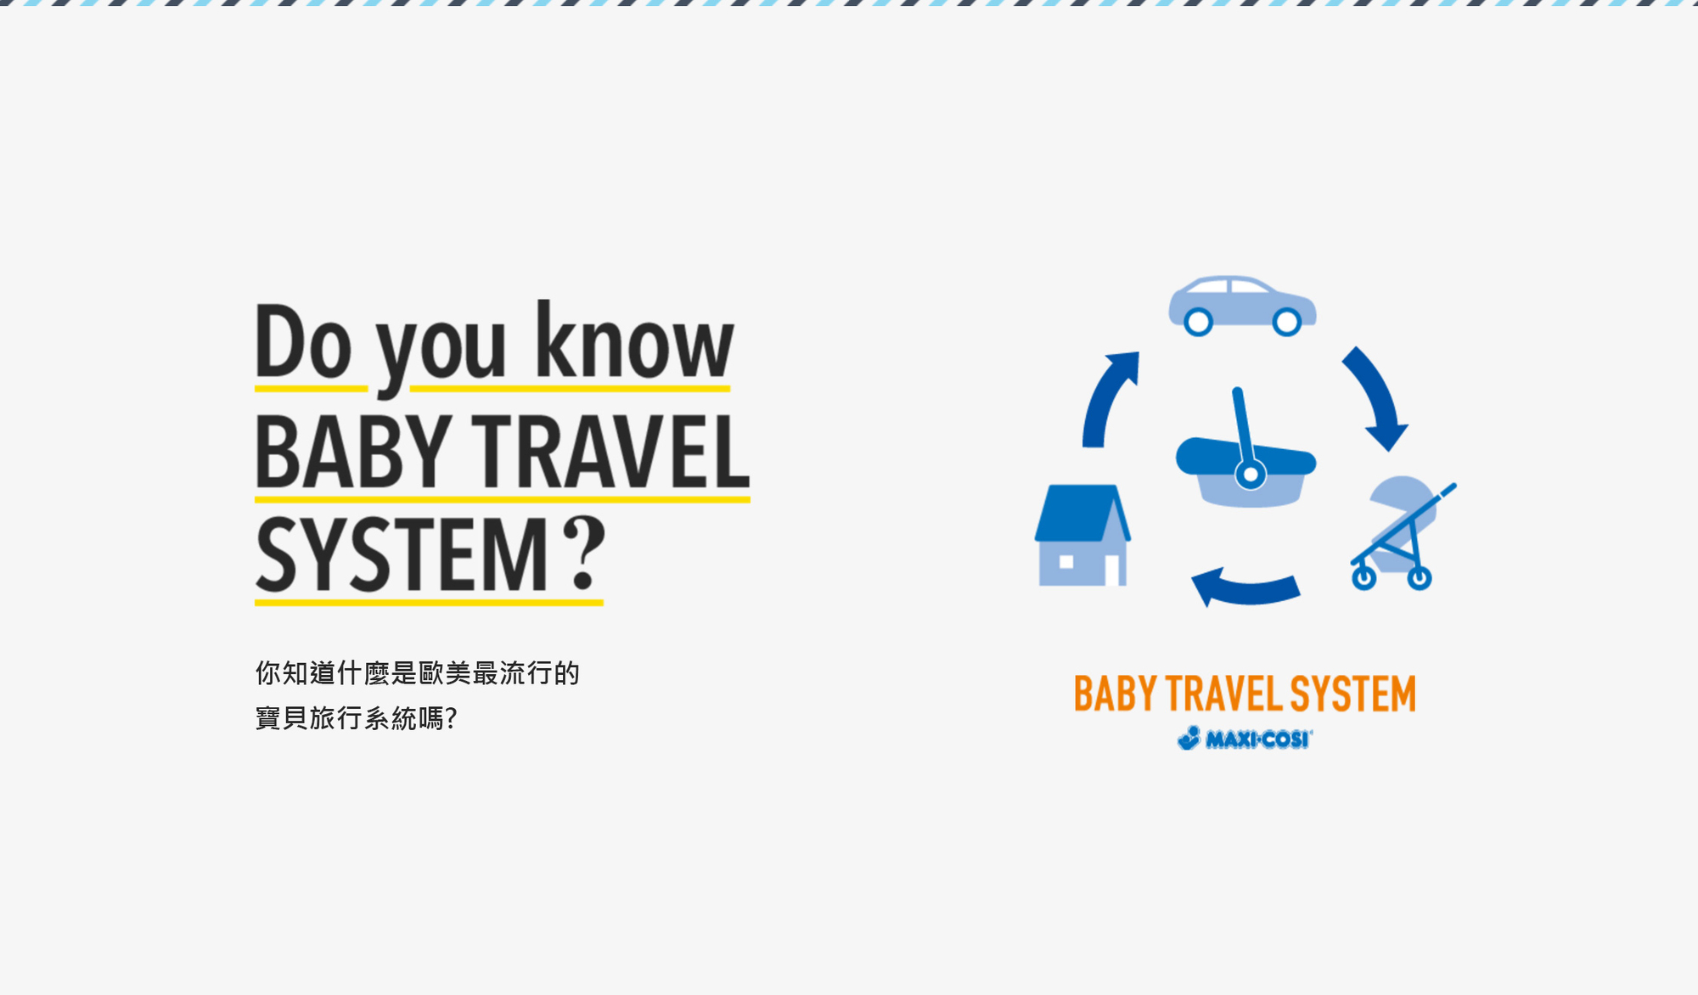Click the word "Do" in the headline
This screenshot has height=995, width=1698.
pyautogui.click(x=303, y=341)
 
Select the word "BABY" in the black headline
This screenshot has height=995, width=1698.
pyautogui.click(x=353, y=452)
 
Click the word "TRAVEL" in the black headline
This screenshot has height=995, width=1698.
pyautogui.click(x=610, y=452)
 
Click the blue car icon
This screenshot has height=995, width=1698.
pyautogui.click(x=1242, y=305)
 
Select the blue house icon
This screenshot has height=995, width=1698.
pyautogui.click(x=1082, y=535)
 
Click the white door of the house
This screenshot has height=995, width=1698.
pyautogui.click(x=1111, y=570)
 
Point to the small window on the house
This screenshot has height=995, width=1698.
pyautogui.click(x=1066, y=561)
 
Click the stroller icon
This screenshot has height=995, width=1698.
pyautogui.click(x=1403, y=533)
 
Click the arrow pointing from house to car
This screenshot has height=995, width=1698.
pyautogui.click(x=1105, y=396)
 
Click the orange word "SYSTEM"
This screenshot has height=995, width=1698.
pyautogui.click(x=1353, y=694)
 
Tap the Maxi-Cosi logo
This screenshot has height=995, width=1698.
pyautogui.click(x=1245, y=739)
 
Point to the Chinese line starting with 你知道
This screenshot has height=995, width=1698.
pyautogui.click(x=418, y=673)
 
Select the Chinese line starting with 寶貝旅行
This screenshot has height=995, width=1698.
pyautogui.click(x=357, y=718)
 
